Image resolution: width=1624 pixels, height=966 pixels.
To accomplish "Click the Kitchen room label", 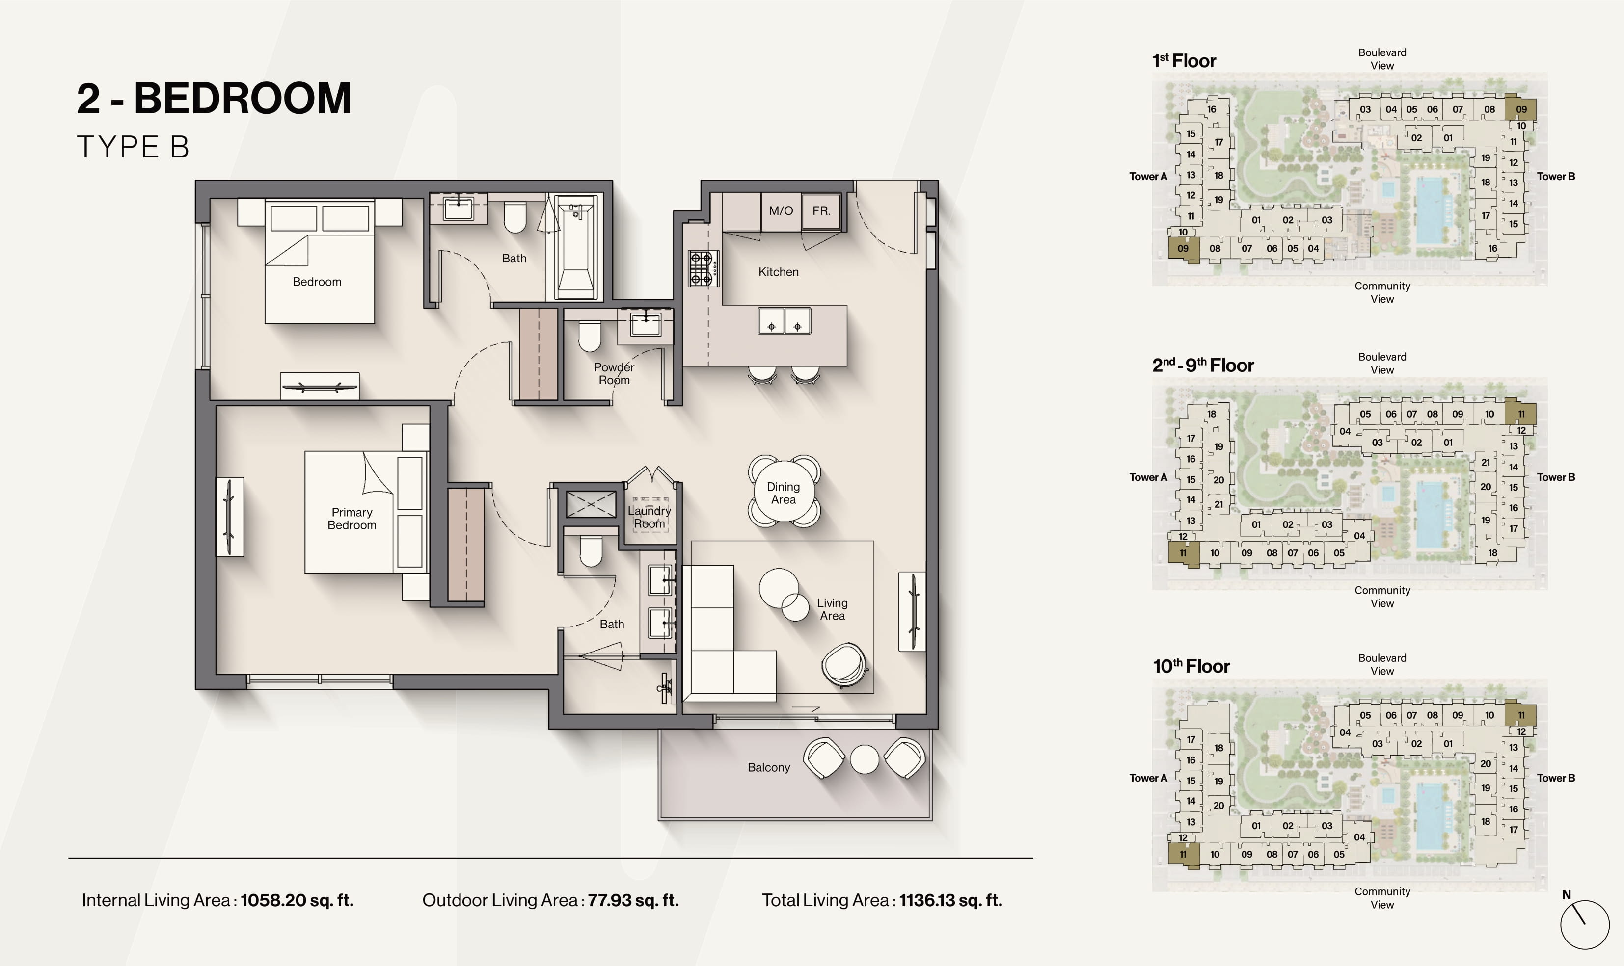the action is point(778,272).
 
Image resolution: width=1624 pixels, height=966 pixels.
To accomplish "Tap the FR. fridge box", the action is point(821,211).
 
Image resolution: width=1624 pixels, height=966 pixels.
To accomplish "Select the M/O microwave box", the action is point(781,211).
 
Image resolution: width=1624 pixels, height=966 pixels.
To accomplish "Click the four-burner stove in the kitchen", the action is point(703,269).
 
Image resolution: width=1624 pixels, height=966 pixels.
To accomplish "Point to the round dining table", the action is point(784,492).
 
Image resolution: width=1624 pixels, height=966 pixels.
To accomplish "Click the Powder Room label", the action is point(614,374).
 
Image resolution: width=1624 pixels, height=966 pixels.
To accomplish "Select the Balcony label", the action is point(768,767).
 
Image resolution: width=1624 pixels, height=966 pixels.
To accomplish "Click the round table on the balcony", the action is point(865,758).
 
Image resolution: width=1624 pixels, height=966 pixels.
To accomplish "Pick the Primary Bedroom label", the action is point(352,519).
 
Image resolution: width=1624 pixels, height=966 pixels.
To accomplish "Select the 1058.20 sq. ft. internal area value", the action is point(297,900).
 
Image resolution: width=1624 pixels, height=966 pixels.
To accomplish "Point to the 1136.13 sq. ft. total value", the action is point(951,900).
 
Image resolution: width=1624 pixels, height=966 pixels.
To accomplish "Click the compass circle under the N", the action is point(1584,924).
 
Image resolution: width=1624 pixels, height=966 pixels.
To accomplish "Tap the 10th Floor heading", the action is point(1191,666).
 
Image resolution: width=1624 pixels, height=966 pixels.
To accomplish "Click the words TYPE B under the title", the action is point(133,147).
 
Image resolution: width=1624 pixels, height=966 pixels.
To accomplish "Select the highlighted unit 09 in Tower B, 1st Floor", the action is point(1521,109).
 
